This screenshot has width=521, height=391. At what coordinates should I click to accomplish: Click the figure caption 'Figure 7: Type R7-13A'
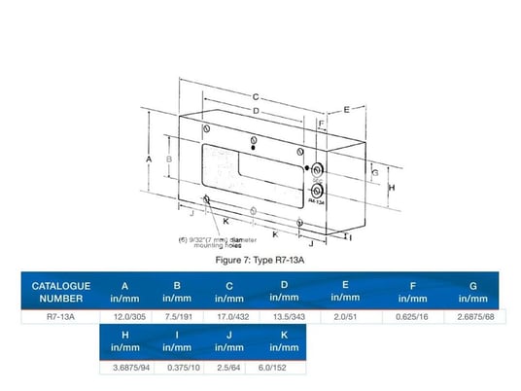264,261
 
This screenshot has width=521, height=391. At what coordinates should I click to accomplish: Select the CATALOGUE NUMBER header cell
60,291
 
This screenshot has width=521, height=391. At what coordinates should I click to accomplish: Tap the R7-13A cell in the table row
60,316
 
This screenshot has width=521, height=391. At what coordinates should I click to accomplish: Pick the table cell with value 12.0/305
124,316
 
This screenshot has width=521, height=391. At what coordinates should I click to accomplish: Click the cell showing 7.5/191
177,316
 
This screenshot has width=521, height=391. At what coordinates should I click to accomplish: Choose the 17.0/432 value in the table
229,316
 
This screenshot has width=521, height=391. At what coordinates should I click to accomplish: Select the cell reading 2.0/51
345,316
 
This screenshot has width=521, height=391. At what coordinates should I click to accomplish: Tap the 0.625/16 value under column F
412,316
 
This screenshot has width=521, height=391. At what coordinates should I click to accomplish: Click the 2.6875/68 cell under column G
473,316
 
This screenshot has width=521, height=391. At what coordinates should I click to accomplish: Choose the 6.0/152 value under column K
282,368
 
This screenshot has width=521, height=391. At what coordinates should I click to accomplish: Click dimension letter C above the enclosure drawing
255,97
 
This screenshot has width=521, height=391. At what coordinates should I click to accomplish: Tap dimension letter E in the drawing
347,110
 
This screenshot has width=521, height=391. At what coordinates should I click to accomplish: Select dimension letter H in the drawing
390,186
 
